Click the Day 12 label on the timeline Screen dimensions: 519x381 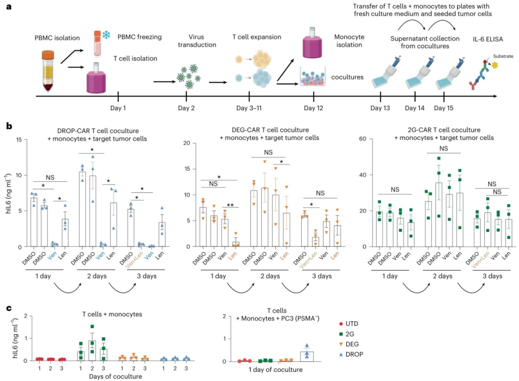coord(313,108)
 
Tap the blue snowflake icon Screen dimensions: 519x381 coord(106,35)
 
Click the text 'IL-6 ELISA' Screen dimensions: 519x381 coord(488,39)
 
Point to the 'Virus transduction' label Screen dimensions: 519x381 coord(197,41)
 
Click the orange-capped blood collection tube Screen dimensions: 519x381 coord(48,71)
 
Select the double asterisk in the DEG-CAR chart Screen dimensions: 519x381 coord(230,205)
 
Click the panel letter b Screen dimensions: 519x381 coord(9,126)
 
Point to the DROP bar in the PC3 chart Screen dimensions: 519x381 coord(307,356)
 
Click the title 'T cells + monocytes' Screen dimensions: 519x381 coord(112,314)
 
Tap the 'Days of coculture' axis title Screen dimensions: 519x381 coord(115,376)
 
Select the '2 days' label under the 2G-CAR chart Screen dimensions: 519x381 coord(443,276)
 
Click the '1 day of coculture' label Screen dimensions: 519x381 coord(275,369)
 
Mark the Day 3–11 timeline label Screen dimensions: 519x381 coord(249,108)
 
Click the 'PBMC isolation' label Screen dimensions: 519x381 coord(57,38)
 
